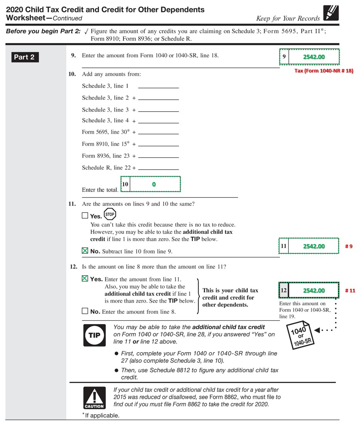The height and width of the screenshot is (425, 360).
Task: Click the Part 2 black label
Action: [x=24, y=57]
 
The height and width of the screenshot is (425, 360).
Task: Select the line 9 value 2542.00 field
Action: [x=313, y=57]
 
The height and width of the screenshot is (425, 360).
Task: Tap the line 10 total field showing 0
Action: [x=154, y=184]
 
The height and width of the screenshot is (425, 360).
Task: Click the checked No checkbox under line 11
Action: [x=85, y=251]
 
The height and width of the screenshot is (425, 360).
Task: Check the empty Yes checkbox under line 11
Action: [x=85, y=216]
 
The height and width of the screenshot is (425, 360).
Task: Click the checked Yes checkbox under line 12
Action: [x=85, y=279]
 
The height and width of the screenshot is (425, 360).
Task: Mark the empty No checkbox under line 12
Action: [x=85, y=311]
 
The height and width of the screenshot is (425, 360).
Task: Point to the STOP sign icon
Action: [x=110, y=214]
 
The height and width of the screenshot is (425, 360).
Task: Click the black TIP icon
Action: [x=94, y=335]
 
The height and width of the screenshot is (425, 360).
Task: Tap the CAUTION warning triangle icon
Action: [x=94, y=398]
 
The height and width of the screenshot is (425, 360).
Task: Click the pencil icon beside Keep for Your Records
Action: [x=331, y=13]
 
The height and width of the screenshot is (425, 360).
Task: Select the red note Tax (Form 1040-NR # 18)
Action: [x=323, y=71]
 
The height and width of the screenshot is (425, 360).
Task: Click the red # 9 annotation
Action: [x=348, y=246]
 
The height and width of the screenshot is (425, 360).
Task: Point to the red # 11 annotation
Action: [x=350, y=291]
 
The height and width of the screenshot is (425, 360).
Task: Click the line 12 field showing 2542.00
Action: [x=313, y=291]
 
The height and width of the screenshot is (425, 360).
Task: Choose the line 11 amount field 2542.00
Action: [x=313, y=246]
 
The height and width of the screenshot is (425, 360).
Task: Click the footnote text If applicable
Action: [x=102, y=415]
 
